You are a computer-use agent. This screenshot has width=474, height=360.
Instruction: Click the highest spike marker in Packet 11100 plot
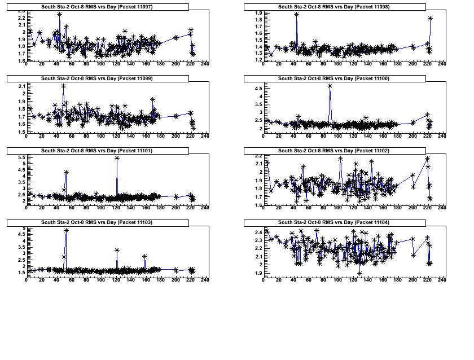330,86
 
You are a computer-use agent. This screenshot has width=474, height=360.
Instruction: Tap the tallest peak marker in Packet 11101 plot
117,158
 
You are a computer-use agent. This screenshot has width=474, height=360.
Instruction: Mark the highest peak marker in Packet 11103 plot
67,231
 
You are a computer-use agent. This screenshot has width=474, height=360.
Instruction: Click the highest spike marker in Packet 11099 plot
63,86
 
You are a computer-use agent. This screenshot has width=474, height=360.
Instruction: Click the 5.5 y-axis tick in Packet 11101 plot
21,157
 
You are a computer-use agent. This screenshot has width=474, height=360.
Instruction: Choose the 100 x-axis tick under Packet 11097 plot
101,65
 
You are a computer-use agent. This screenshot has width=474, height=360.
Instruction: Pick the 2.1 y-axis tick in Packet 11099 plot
21,86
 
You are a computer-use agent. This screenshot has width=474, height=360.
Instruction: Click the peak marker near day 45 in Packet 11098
296,15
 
